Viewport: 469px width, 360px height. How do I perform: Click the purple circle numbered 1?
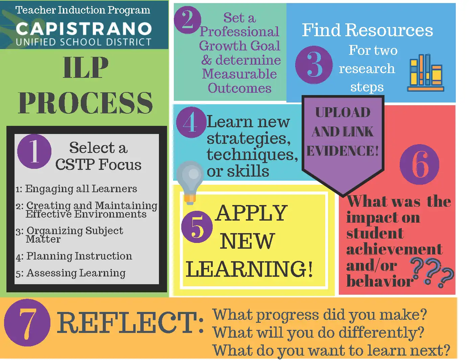point(34,151)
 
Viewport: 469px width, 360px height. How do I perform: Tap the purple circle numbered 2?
point(188,20)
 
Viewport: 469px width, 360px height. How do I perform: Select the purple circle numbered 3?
point(314,65)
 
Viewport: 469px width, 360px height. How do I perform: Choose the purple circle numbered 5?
point(197,227)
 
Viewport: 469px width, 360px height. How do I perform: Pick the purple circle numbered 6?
point(419,164)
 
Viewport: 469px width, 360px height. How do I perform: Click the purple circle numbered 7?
point(27,323)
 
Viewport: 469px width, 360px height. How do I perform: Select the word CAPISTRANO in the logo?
point(84,29)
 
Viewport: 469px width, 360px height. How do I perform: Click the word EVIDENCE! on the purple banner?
point(343,151)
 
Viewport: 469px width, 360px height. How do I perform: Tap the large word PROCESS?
point(86,103)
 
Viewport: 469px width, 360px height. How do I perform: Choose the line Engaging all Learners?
point(76,189)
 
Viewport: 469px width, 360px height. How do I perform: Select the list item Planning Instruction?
point(74,256)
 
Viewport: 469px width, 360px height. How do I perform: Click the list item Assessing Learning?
point(71,273)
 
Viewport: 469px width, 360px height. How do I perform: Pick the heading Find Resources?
point(367,30)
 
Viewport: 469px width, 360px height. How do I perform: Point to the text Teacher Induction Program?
point(83,10)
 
